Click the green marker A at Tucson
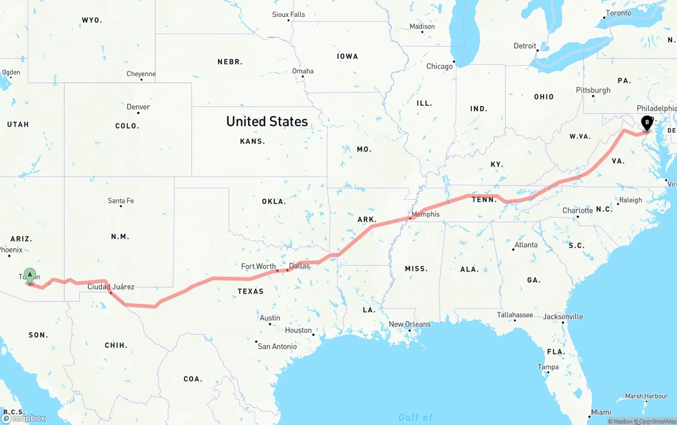[30, 275]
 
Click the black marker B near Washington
[646, 122]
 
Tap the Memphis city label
[425, 214]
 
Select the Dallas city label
[299, 266]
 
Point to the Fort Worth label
[258, 266]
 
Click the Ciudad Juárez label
[111, 287]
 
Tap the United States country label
[267, 121]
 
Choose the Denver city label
[138, 107]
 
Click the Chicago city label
[440, 66]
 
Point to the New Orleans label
[409, 324]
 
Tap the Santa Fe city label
[121, 201]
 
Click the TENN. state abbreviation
[484, 200]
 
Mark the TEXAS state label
[250, 291]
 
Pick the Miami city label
[601, 412]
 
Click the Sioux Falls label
[288, 14]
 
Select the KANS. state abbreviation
[252, 141]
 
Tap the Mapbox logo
[23, 418]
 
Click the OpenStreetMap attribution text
[656, 421]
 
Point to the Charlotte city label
[578, 210]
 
